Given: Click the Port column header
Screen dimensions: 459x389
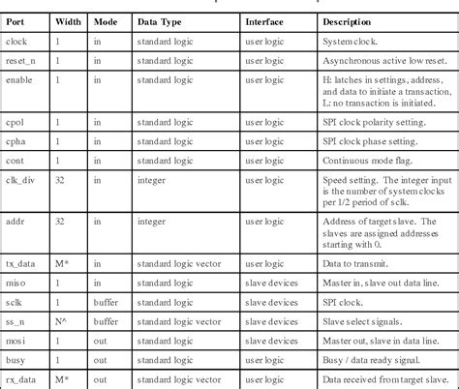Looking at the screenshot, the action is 15,21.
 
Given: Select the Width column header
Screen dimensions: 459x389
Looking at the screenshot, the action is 68,21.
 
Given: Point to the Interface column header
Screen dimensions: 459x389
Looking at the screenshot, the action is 264,21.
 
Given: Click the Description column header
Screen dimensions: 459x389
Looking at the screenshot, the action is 351,21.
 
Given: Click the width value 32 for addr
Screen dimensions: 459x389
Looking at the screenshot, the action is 61,223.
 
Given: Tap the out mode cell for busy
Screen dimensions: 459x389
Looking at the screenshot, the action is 102,359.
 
